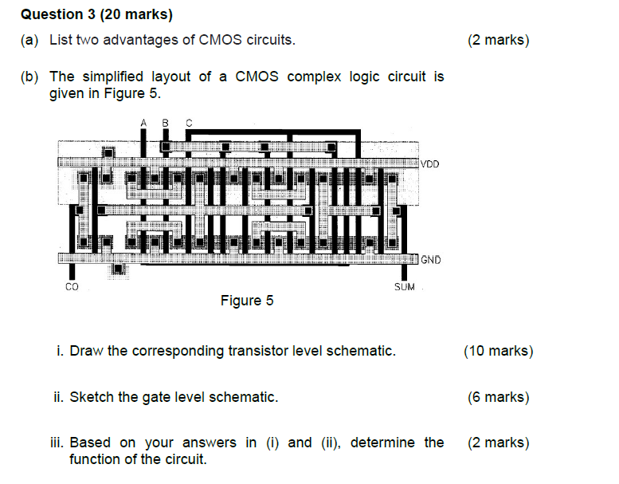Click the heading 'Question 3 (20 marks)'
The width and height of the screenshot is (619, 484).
click(96, 14)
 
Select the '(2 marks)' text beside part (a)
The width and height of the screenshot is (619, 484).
click(499, 40)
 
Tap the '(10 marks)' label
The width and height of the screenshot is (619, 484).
click(498, 351)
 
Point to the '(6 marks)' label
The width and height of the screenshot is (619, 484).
click(498, 397)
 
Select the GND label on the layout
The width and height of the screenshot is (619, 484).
click(430, 260)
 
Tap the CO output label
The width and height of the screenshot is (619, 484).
click(72, 286)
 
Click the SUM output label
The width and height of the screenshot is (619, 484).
click(405, 286)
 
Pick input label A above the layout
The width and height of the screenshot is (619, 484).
click(143, 122)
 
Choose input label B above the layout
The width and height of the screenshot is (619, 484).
click(166, 122)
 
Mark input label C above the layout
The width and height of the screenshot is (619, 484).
click(189, 122)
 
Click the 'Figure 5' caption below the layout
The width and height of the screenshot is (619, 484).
click(247, 301)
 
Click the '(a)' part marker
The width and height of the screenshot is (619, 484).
click(29, 40)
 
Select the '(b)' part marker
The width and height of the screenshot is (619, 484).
click(29, 77)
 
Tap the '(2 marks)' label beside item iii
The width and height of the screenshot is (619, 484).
click(498, 443)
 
